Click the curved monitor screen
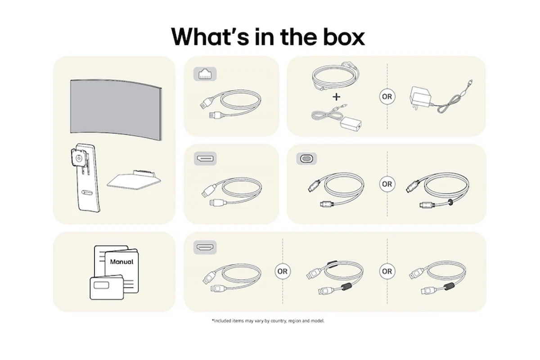tap(116, 110)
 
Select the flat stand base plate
tap(134, 180)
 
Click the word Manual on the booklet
tap(121, 261)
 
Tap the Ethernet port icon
tap(205, 74)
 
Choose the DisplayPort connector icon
tap(205, 159)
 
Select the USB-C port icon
tap(306, 159)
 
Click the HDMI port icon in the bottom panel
tap(205, 247)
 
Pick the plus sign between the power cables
tap(336, 97)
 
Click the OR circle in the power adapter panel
tap(387, 96)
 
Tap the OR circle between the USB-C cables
tap(387, 184)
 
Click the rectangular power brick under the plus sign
tap(351, 124)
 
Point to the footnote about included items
tap(268, 321)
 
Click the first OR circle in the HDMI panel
tap(283, 271)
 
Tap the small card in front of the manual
tap(107, 288)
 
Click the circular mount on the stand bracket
tap(78, 158)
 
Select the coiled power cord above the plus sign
tap(336, 76)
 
